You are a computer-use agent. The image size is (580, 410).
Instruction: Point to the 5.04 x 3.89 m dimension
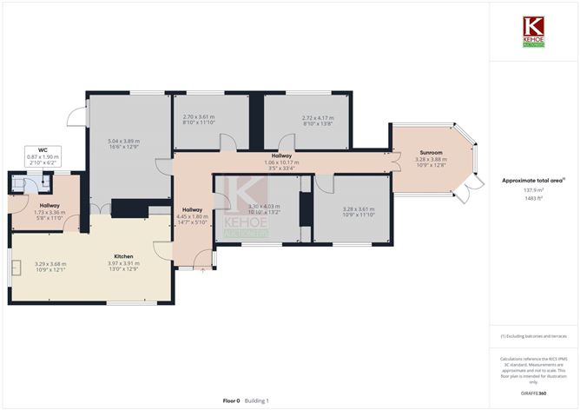pyautogui.click(x=123, y=141)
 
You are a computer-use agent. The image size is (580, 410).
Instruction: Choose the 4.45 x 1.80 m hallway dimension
pyautogui.click(x=192, y=216)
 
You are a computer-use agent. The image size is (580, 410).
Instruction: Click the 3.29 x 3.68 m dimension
pyautogui.click(x=50, y=264)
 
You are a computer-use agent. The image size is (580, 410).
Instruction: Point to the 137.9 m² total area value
pyautogui.click(x=533, y=190)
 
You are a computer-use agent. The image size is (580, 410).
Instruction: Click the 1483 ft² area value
pyautogui.click(x=532, y=198)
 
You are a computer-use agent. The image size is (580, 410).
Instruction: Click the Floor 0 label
pyautogui.click(x=231, y=400)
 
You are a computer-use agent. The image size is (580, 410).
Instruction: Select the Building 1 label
pyautogui.click(x=256, y=400)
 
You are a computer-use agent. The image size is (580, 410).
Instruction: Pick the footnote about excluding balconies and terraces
pyautogui.click(x=533, y=335)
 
